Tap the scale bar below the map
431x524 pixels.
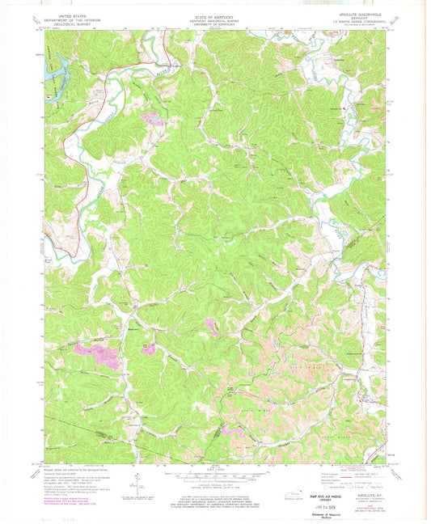(x=214, y=474)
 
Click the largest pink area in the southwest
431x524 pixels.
(x=104, y=355)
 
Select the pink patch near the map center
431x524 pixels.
(x=209, y=326)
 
